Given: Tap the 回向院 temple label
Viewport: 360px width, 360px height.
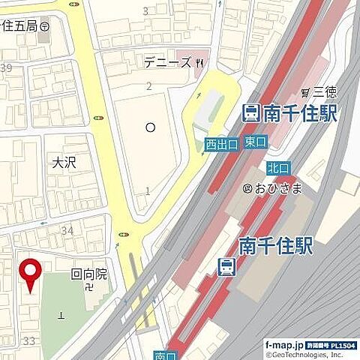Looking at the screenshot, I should pyautogui.click(x=89, y=274).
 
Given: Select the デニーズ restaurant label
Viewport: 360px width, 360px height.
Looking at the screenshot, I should pyautogui.click(x=167, y=64).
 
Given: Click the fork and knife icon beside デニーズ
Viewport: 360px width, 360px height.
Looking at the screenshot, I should pyautogui.click(x=199, y=64).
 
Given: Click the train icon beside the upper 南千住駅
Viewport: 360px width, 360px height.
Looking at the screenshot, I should pyautogui.click(x=252, y=114).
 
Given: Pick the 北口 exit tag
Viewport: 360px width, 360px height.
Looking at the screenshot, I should pyautogui.click(x=277, y=168).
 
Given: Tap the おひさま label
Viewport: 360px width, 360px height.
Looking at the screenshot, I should pyautogui.click(x=278, y=187).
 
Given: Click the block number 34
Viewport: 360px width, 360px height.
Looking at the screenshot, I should pyautogui.click(x=67, y=230).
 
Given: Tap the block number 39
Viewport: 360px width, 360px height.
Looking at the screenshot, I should pyautogui.click(x=7, y=68).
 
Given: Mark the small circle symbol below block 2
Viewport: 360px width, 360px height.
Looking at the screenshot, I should pyautogui.click(x=150, y=127).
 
